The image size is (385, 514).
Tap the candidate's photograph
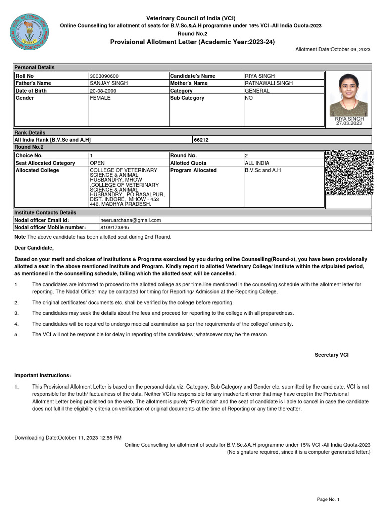point(348,95)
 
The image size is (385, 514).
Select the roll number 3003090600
point(104,76)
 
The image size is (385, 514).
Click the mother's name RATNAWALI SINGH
point(269,83)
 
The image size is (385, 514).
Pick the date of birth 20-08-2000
point(103,91)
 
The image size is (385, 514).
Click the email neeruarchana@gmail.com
point(131,220)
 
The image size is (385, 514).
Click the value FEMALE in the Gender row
point(100,98)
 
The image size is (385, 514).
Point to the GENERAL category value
point(257,91)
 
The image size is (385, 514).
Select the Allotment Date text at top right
point(333,49)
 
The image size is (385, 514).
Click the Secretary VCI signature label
point(331,355)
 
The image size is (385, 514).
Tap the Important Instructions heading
point(43,376)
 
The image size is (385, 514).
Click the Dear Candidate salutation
point(34,248)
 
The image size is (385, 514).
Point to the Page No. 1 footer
point(328,499)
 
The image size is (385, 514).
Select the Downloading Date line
point(68,438)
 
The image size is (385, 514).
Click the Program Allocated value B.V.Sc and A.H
point(263,170)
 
